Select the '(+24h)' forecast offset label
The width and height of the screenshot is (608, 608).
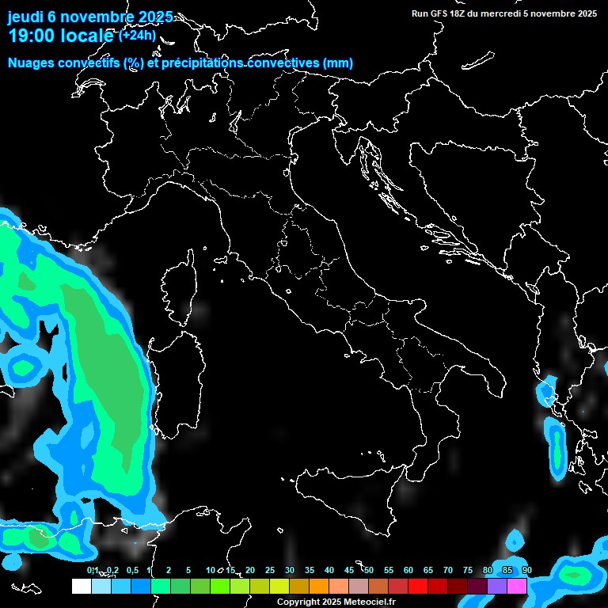(138, 35)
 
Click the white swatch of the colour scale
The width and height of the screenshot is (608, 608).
(81, 587)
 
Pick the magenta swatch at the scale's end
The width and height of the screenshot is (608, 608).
(517, 587)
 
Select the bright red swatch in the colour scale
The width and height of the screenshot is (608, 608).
(418, 587)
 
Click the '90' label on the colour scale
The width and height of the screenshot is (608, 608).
(526, 570)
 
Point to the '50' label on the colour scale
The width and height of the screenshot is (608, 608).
(369, 570)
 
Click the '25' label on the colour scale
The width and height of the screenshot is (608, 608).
(270, 570)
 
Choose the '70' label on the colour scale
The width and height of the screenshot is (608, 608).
(448, 570)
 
